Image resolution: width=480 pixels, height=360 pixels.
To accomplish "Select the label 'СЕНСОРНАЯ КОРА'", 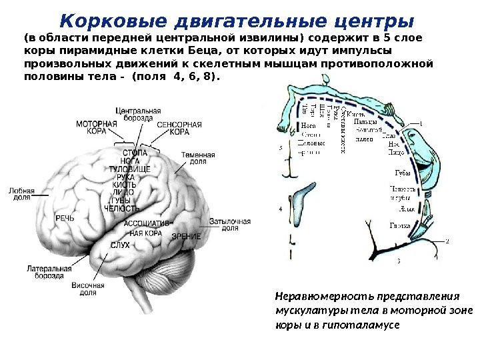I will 179,128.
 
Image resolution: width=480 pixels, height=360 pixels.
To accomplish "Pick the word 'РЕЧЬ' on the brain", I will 65,218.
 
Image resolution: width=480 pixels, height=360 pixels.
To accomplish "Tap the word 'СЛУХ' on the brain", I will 120,245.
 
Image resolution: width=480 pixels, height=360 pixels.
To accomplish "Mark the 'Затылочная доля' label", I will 229,224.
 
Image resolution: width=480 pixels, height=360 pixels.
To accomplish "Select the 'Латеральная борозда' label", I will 45,271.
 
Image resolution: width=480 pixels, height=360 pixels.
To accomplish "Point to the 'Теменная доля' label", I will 198,159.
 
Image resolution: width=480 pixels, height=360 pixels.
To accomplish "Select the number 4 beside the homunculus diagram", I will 280,209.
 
